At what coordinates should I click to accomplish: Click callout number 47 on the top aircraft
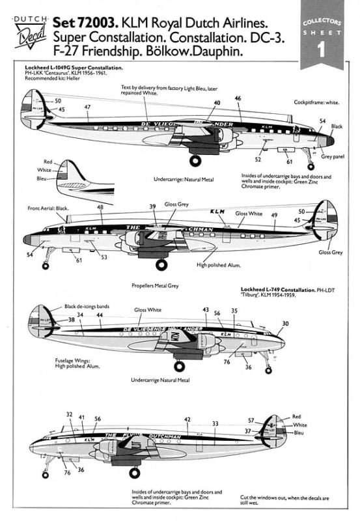click(x=87, y=106)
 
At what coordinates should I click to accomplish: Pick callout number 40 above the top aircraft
click(x=217, y=103)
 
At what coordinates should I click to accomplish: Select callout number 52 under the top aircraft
click(x=258, y=159)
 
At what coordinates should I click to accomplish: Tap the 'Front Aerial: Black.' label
click(x=47, y=208)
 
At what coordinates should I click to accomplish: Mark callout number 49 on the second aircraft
click(x=274, y=215)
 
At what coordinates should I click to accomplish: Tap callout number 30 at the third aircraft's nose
click(x=284, y=324)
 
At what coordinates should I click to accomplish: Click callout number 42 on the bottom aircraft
click(x=187, y=419)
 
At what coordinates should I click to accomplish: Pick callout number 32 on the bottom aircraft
click(x=69, y=414)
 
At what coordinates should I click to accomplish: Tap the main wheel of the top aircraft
click(x=195, y=160)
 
